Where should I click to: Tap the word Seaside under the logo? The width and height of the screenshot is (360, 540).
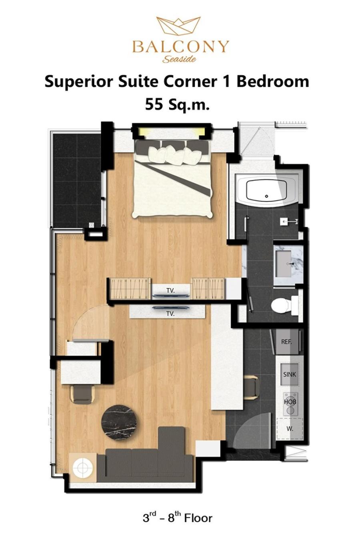click(179, 59)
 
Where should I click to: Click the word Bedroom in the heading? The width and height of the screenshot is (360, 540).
click(273, 82)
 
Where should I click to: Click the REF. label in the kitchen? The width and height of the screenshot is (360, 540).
click(286, 342)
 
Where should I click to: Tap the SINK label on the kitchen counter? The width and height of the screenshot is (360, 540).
click(289, 374)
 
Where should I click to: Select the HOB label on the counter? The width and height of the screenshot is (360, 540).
click(290, 402)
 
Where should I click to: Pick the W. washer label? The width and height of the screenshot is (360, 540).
click(290, 429)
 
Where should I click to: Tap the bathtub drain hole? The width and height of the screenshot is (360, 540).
click(266, 196)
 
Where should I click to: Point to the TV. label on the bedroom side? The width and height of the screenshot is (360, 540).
click(170, 291)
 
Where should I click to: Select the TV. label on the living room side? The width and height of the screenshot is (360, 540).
click(170, 314)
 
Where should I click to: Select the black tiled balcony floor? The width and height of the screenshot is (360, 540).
click(77, 180)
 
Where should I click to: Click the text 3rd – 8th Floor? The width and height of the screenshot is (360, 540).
click(178, 517)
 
